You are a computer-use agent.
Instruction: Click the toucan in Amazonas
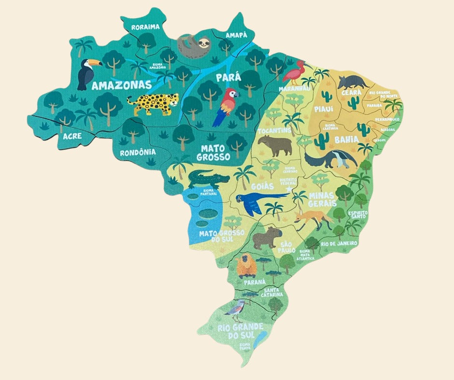pos(88,73)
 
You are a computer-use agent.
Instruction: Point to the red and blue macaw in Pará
pos(226,106)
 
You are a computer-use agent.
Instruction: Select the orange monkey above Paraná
pos(246,265)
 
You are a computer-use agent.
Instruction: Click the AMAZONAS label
pos(121,86)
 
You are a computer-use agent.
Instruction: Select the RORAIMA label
pos(145,27)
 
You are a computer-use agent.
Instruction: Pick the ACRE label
pos(72,136)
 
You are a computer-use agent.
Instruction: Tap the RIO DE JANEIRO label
pos(339,244)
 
